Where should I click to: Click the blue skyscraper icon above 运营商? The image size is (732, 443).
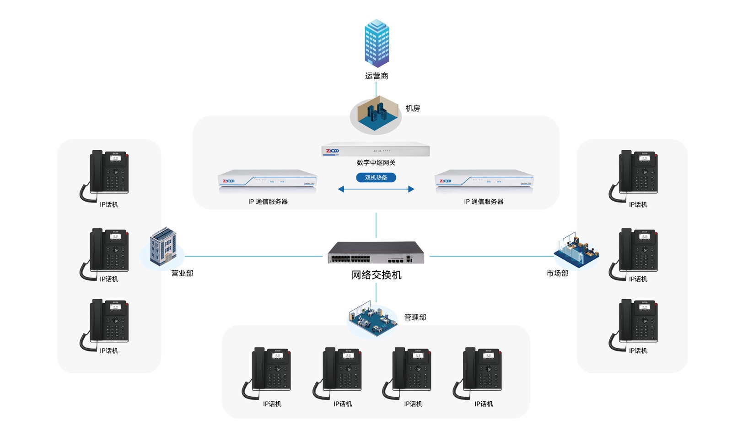377,43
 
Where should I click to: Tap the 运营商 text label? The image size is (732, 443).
377,76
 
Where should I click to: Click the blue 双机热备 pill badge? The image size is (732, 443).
376,178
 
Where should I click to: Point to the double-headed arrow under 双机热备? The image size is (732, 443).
376,189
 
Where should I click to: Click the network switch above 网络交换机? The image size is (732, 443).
376,252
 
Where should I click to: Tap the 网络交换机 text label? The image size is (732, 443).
377,275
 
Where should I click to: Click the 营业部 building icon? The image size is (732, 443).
163,247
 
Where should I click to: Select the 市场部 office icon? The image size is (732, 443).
576,250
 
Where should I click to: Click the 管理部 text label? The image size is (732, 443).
415,317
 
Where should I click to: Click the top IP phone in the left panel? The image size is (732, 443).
108,174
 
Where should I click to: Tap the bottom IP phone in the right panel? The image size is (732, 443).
636,323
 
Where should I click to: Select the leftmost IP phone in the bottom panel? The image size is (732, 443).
269,371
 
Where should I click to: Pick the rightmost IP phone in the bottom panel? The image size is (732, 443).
480,371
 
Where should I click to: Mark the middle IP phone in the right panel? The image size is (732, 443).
636,252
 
